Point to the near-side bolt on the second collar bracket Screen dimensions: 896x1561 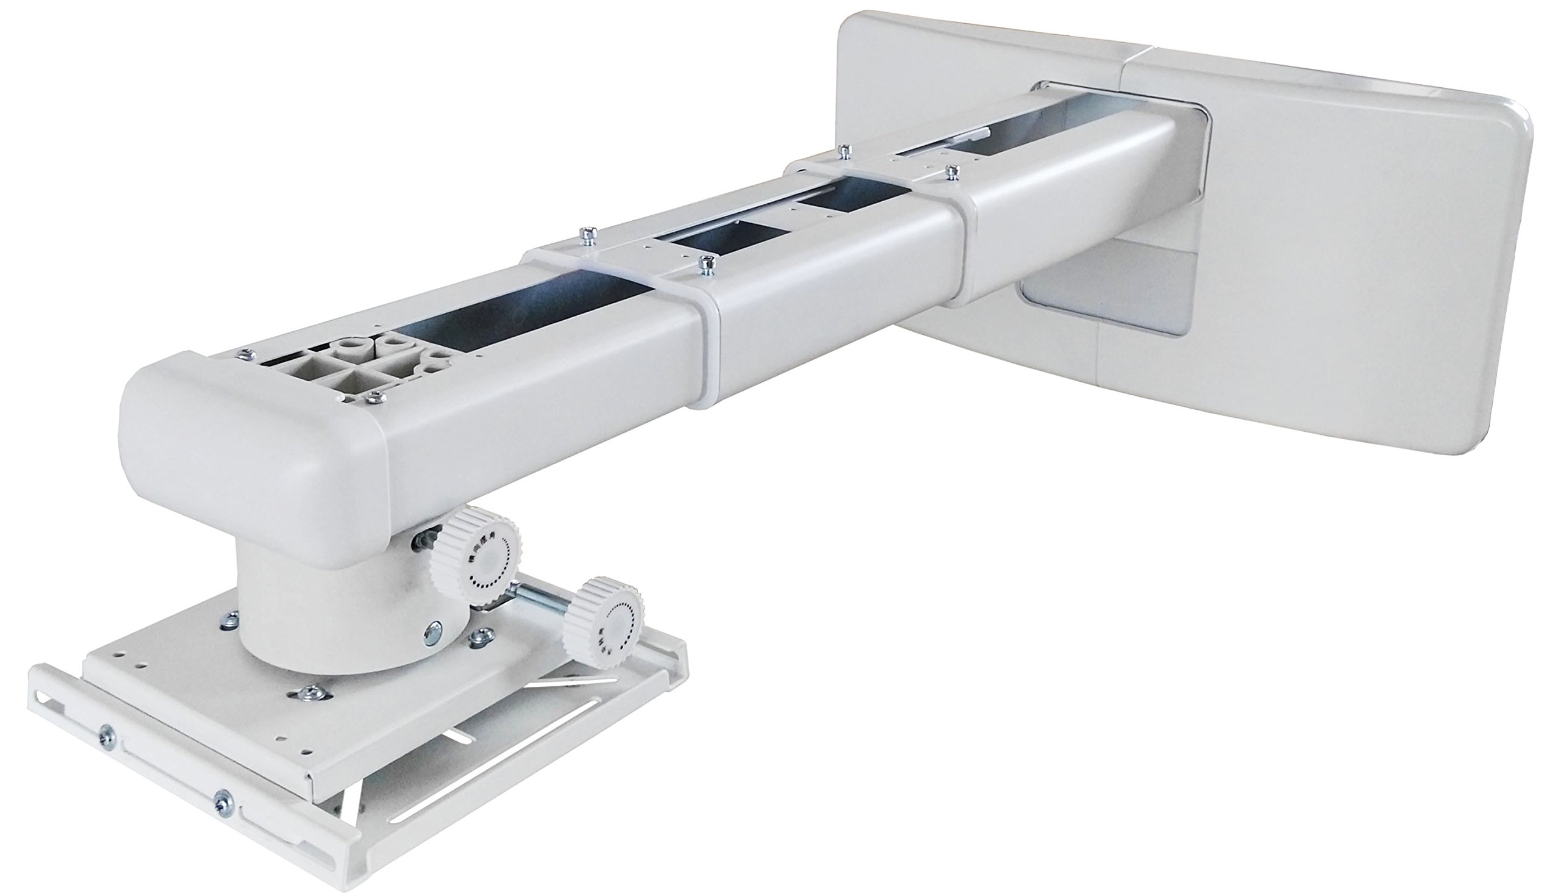pos(953,171)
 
